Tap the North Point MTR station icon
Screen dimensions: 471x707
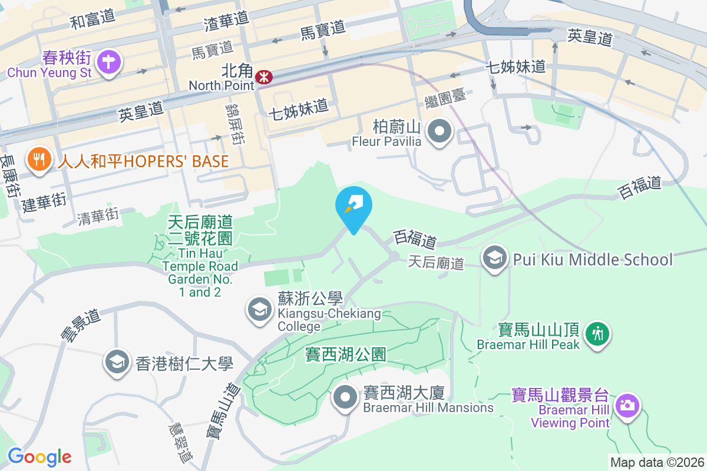pyautogui.click(x=264, y=75)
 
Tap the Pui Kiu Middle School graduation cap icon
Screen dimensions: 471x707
pyautogui.click(x=495, y=259)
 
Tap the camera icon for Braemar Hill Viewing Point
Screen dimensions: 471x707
pyautogui.click(x=626, y=406)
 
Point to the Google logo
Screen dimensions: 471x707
pyautogui.click(x=39, y=456)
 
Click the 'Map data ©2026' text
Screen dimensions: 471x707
pyautogui.click(x=657, y=463)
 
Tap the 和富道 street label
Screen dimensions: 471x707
pyautogui.click(x=92, y=19)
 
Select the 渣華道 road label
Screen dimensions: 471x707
pyautogui.click(x=226, y=22)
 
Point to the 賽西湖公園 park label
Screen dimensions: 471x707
pyautogui.click(x=346, y=354)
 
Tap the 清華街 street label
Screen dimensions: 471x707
pyautogui.click(x=98, y=217)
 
